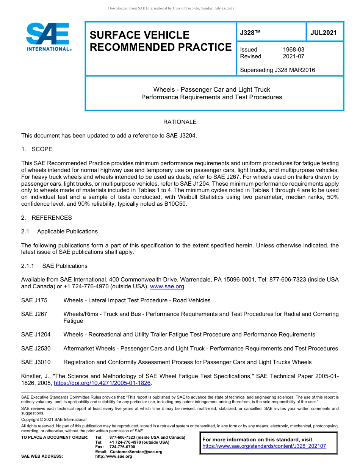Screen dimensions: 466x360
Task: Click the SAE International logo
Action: (x=48, y=37)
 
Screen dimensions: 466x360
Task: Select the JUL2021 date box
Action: (x=324, y=33)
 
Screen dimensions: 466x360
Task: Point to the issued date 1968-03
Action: (x=293, y=50)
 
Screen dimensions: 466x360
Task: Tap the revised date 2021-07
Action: (x=293, y=56)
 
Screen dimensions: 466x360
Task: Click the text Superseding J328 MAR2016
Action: (x=277, y=70)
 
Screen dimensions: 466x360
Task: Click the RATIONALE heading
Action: (x=180, y=122)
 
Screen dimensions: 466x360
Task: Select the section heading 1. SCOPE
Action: (x=37, y=149)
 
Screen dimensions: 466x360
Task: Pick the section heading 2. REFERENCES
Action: (x=46, y=218)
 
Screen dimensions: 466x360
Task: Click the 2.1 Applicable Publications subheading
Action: (x=59, y=231)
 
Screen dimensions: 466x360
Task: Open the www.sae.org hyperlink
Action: (x=167, y=287)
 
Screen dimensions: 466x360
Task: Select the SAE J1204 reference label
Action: (x=36, y=335)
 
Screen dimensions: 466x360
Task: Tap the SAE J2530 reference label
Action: (x=36, y=349)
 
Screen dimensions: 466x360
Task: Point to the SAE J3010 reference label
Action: (x=36, y=362)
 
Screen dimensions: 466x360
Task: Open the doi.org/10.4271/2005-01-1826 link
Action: (x=102, y=383)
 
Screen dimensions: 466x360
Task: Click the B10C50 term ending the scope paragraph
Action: (x=174, y=204)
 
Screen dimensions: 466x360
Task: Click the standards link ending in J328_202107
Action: (x=264, y=446)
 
